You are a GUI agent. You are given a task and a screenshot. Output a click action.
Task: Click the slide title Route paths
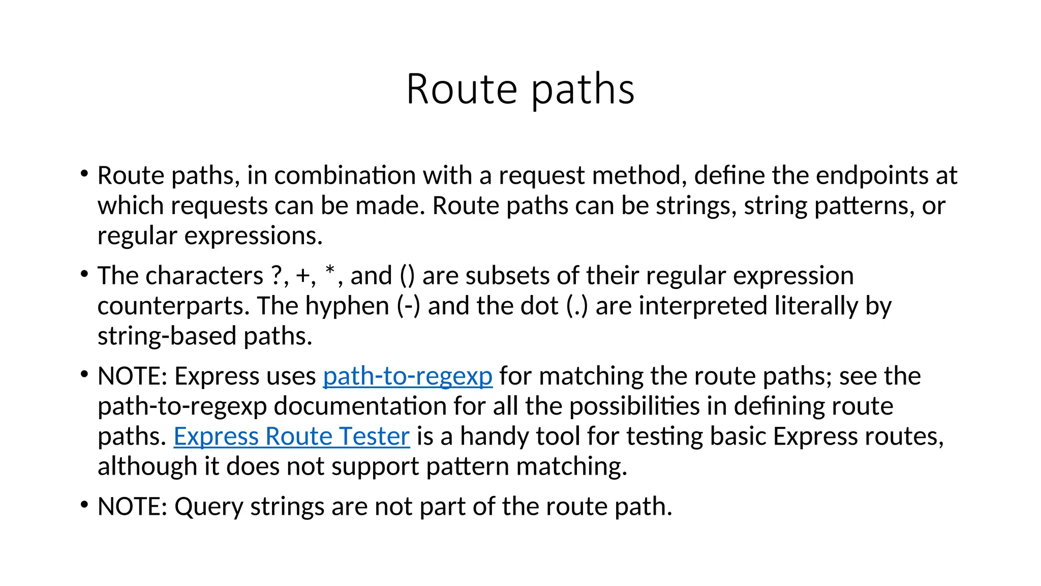[x=520, y=89]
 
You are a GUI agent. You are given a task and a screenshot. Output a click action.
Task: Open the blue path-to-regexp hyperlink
[x=408, y=376]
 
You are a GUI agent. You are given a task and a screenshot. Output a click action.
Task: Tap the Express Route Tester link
[x=291, y=436]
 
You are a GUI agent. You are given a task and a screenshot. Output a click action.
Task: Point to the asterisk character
[x=330, y=270]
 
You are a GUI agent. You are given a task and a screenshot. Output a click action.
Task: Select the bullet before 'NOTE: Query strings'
[x=84, y=506]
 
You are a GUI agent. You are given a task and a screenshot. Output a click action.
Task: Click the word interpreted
[x=703, y=306]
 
